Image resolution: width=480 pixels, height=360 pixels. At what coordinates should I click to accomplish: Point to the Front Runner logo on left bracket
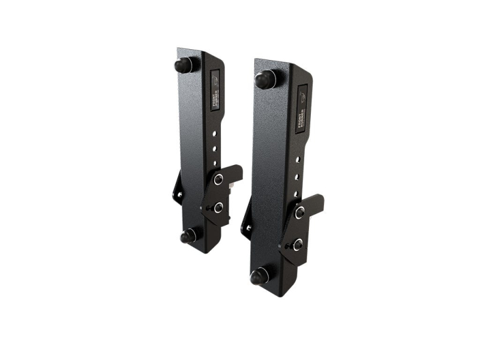(x=215, y=90)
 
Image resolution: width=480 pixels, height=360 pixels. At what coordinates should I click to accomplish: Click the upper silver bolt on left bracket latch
(x=218, y=179)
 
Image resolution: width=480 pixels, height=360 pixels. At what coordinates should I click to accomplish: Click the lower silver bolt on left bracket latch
(x=218, y=207)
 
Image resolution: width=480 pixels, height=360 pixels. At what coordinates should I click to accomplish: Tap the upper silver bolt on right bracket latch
(x=299, y=212)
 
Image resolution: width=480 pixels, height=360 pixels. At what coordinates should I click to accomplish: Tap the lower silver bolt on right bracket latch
(x=298, y=244)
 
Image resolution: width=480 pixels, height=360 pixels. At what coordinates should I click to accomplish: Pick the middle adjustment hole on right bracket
(x=298, y=176)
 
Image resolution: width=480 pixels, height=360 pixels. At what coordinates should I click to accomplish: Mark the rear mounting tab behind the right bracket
(x=247, y=226)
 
